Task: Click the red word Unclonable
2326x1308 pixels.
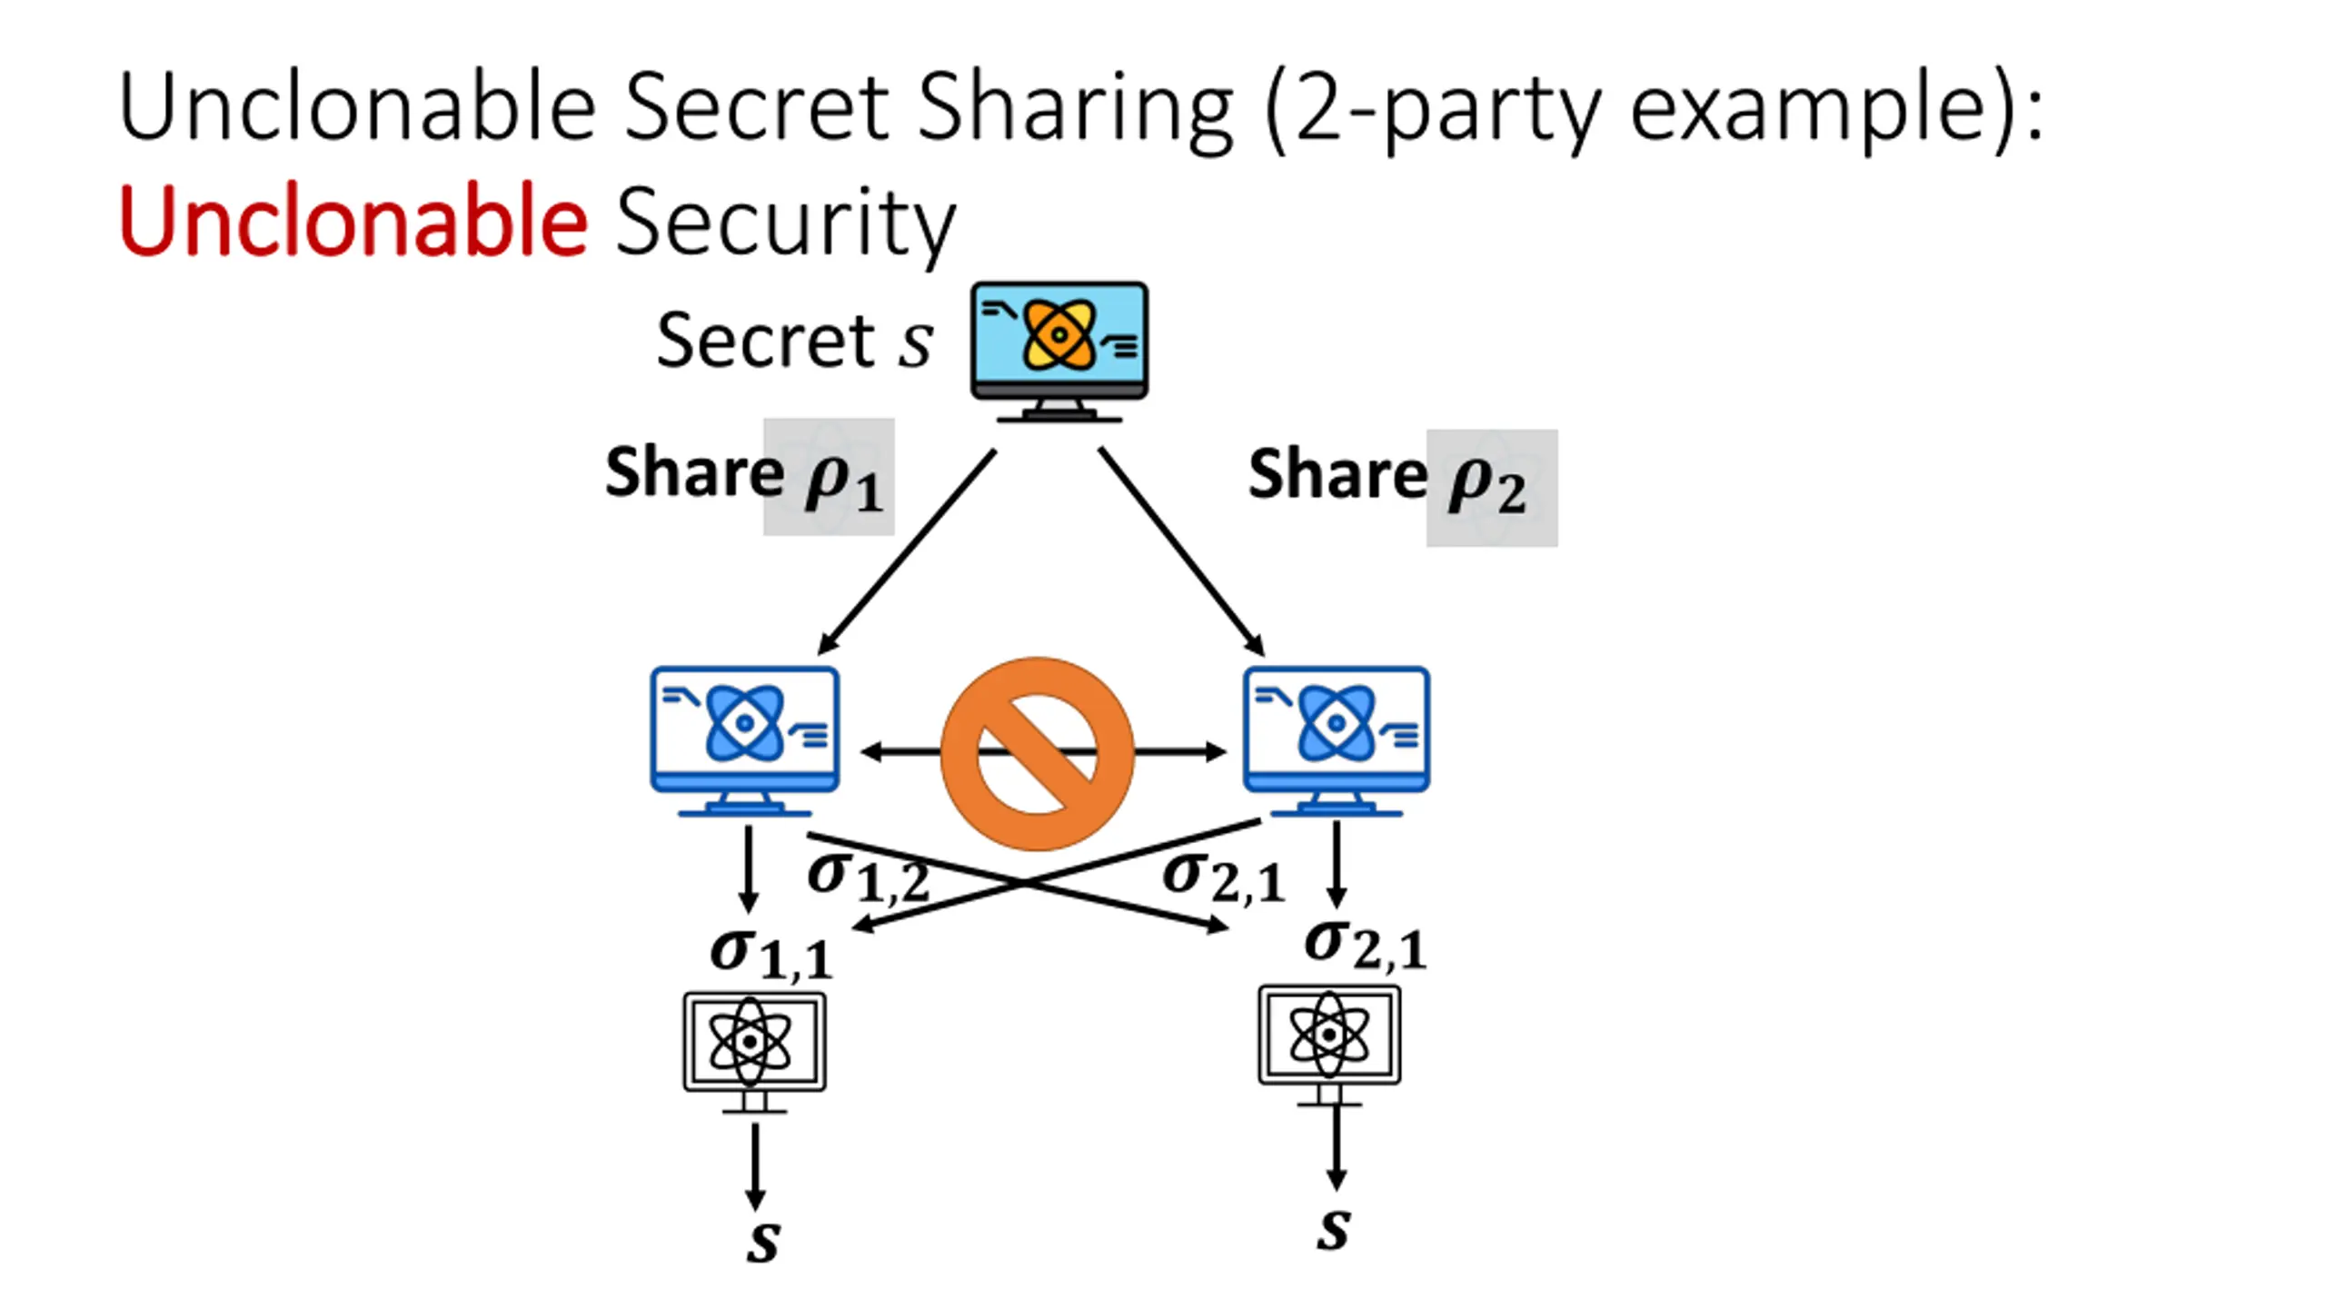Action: pyautogui.click(x=353, y=221)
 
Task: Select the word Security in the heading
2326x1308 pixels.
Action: pyautogui.click(x=785, y=223)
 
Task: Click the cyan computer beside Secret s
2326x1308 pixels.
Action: pyautogui.click(x=1059, y=350)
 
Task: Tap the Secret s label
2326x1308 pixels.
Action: pyautogui.click(x=794, y=341)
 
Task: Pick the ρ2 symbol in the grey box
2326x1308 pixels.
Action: pyautogui.click(x=1486, y=487)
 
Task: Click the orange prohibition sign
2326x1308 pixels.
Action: pyautogui.click(x=1037, y=753)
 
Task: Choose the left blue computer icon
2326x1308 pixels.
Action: pyautogui.click(x=744, y=740)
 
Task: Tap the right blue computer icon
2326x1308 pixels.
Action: pyautogui.click(x=1336, y=740)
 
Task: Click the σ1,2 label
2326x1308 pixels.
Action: pyautogui.click(x=868, y=877)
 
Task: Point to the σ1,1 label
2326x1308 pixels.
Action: pyautogui.click(x=770, y=954)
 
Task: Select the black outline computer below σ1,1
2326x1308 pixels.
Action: pyautogui.click(x=754, y=1051)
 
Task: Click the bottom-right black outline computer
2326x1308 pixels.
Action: pyautogui.click(x=1328, y=1045)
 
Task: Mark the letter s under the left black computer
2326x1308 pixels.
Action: pyautogui.click(x=763, y=1241)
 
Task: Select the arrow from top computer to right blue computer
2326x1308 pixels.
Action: pyautogui.click(x=1181, y=551)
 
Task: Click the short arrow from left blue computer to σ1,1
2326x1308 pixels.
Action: pyautogui.click(x=748, y=867)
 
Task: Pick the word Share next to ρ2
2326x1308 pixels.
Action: pyautogui.click(x=1337, y=474)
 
